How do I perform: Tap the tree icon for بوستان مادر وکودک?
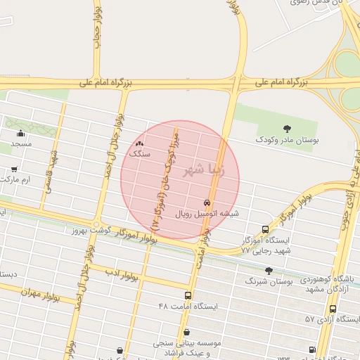pos(288,128)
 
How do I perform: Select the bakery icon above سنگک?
pos(138,143)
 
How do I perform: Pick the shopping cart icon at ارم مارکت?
pos(15,169)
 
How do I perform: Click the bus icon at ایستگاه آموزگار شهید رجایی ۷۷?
pos(265,229)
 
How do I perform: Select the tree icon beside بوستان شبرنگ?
pos(268,271)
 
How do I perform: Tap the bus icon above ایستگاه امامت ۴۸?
pos(188,295)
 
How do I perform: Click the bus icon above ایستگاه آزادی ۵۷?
pos(333,308)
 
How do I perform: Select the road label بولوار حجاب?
pos(98,28)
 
